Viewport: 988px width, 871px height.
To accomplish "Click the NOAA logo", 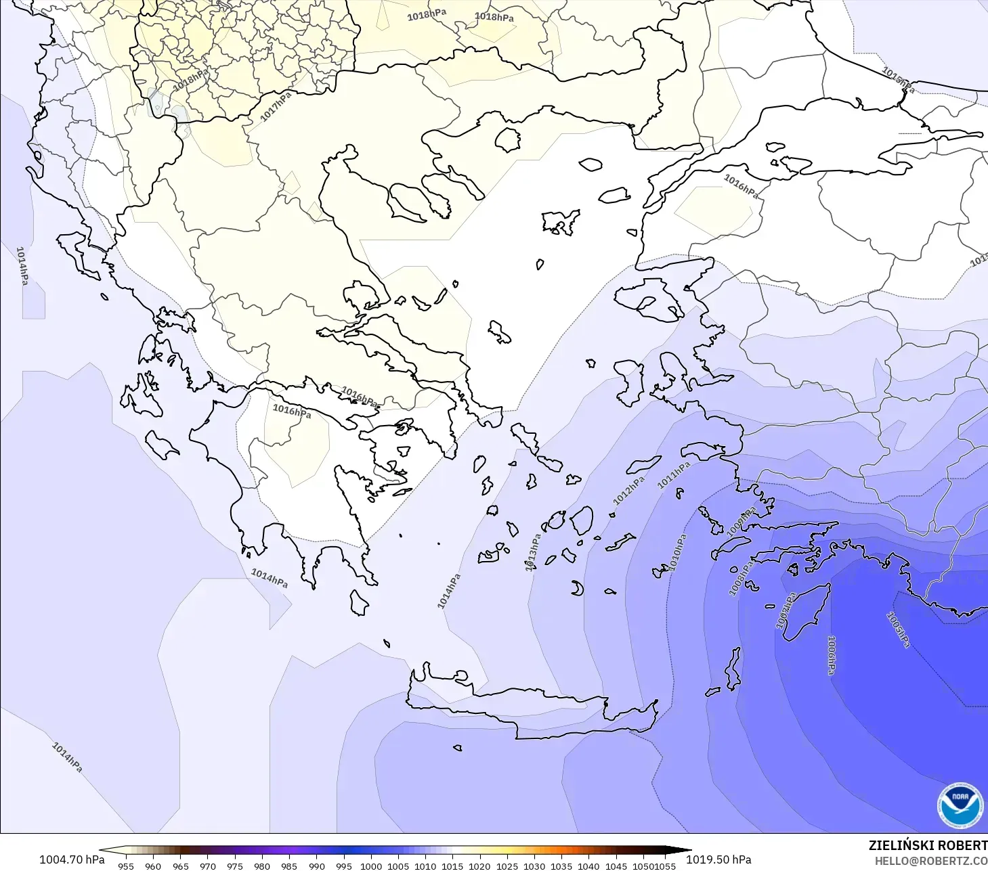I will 960,805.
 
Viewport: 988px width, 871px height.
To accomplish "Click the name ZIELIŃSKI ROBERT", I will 928,845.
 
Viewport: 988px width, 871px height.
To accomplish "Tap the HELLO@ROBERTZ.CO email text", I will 930,861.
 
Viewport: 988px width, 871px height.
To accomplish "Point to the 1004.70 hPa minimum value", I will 72,859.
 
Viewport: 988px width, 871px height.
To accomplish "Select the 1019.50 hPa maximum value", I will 718,859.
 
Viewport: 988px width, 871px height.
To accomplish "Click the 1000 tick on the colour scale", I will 371,866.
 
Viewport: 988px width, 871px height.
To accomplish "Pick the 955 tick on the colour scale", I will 126,866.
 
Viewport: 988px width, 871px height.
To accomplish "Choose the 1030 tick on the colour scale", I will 534,866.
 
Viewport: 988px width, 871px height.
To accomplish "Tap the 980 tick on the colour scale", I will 262,866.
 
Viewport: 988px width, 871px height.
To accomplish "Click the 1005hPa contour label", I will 898,629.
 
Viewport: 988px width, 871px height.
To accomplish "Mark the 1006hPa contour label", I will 831,654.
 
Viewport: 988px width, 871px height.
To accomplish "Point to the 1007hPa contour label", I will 786,611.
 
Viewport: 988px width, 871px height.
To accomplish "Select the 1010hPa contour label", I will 678,552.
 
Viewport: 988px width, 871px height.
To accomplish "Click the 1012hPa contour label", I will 628,491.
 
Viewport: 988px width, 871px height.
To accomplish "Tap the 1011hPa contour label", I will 674,475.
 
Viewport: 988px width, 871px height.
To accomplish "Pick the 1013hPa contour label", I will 533,552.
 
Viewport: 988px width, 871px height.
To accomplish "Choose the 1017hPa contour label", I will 276,107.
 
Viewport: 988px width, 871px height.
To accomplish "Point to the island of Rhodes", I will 806,612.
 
